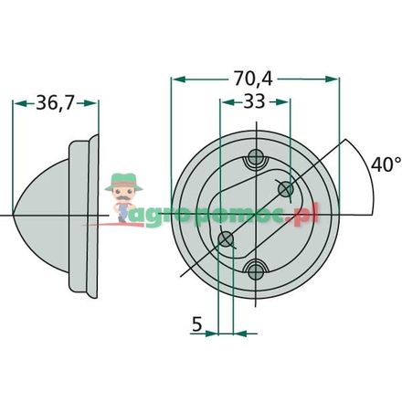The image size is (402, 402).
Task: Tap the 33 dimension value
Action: pos(254,102)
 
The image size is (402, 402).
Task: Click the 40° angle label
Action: pos(384,164)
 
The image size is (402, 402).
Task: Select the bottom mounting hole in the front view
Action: pos(256,269)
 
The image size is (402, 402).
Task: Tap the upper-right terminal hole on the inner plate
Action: pos(285,189)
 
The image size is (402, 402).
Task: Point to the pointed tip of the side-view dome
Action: pos(16,215)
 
